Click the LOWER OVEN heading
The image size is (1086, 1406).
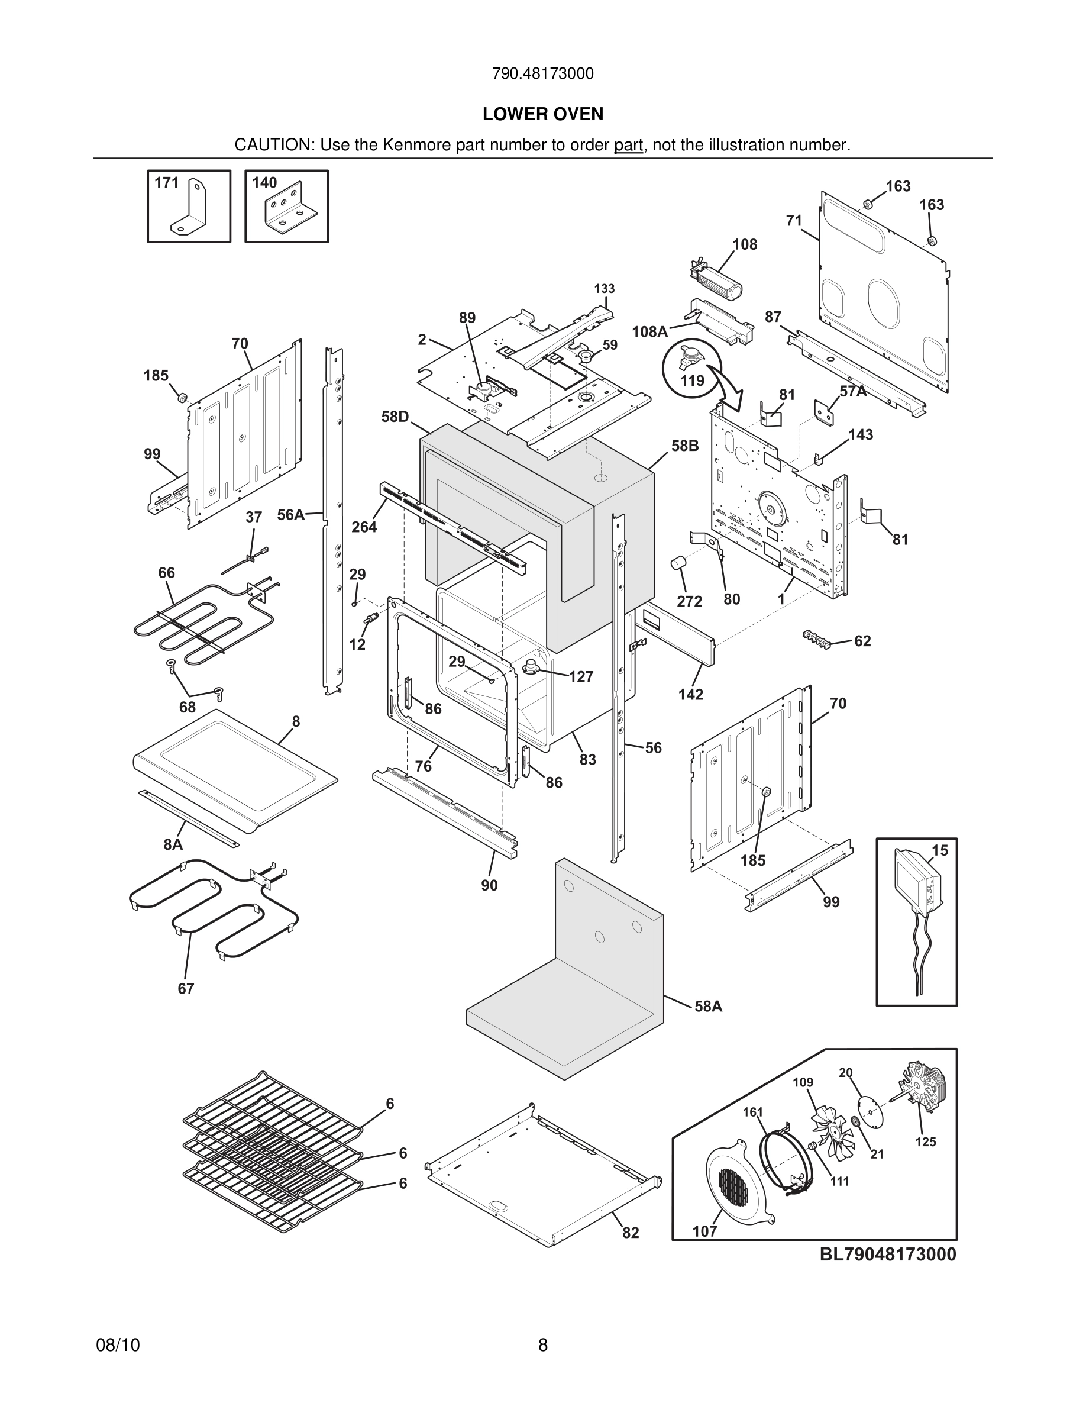(542, 114)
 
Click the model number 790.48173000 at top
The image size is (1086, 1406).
(542, 74)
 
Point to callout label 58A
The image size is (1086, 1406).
(709, 1006)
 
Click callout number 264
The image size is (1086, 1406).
(364, 527)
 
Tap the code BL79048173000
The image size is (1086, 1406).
(887, 1254)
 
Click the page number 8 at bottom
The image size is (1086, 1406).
(542, 1345)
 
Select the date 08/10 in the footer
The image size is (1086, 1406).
(118, 1345)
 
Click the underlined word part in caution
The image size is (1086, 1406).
(628, 146)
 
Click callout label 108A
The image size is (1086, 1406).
(649, 331)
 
